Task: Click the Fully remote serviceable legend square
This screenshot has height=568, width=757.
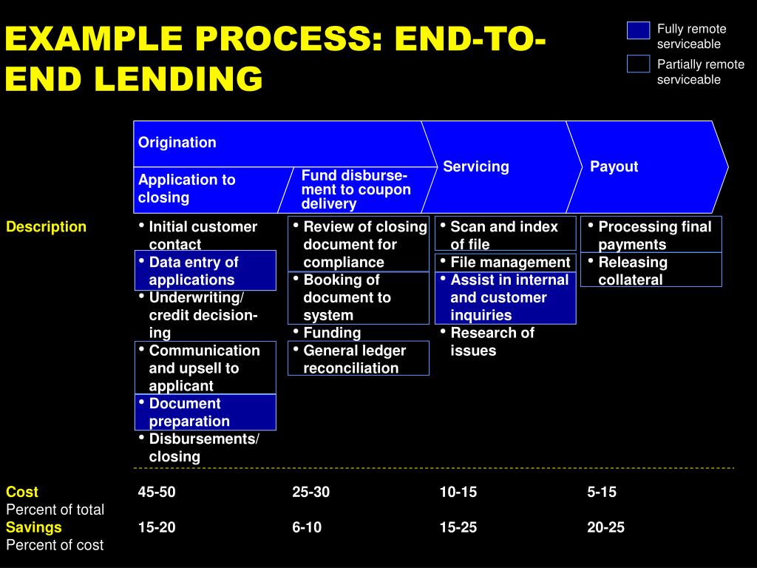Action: (x=638, y=30)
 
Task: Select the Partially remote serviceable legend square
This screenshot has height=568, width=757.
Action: (x=638, y=64)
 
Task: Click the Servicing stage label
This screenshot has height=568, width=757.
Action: (x=476, y=166)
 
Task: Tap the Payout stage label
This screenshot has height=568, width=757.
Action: (x=614, y=166)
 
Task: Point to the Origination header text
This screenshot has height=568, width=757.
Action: (x=177, y=143)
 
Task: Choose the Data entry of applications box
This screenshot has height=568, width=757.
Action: (x=206, y=271)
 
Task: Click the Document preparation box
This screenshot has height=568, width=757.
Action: (x=206, y=413)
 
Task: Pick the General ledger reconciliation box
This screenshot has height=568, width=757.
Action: (x=359, y=359)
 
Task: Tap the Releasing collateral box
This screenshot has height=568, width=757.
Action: (x=651, y=271)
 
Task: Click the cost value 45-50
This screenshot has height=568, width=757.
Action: (x=157, y=492)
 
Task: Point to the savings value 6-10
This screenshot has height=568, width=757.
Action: (x=307, y=527)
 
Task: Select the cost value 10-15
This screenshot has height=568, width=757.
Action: (x=458, y=492)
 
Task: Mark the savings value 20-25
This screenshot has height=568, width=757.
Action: (x=606, y=527)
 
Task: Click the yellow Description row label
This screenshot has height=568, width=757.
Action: (x=46, y=227)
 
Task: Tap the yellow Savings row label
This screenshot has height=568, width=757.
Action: (x=34, y=527)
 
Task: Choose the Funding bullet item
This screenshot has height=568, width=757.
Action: (x=332, y=333)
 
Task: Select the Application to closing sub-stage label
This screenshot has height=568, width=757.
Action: (x=186, y=189)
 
